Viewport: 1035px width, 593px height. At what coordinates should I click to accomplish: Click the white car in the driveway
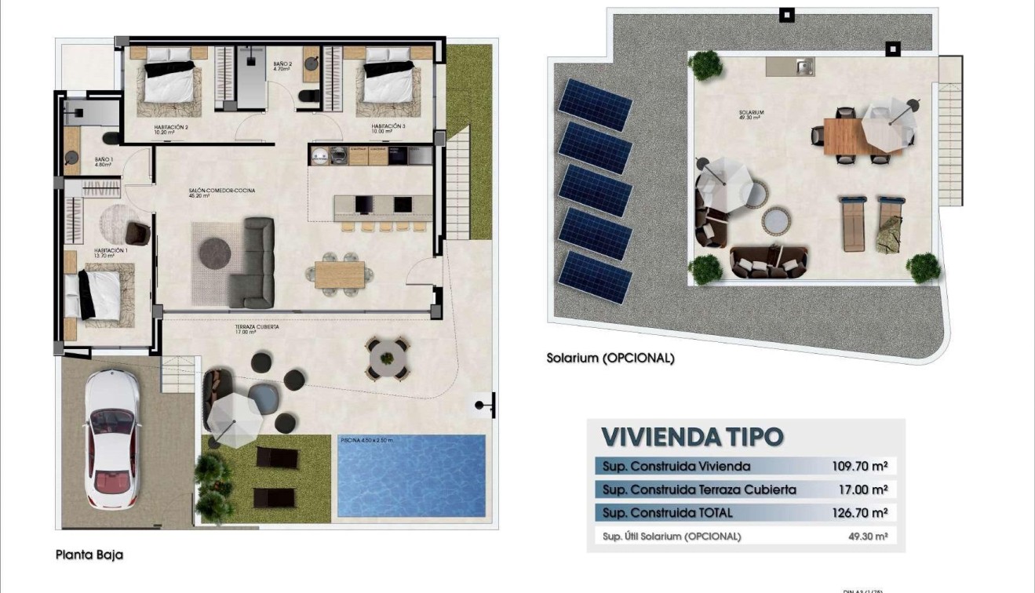[x=112, y=438]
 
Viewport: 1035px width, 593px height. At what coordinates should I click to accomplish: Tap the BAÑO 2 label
[x=282, y=66]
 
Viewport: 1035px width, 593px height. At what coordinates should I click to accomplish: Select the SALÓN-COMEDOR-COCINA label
[x=221, y=192]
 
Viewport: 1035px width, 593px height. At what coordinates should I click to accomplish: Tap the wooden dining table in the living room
[x=340, y=275]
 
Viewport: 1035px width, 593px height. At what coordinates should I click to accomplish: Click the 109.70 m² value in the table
[x=859, y=466]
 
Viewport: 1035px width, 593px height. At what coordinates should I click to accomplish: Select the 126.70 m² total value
[x=859, y=513]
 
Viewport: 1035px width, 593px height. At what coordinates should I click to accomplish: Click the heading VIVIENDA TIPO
[x=691, y=436]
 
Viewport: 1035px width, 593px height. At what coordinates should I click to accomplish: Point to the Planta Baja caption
[x=89, y=555]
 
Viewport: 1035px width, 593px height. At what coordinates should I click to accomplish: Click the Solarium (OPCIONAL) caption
[x=610, y=358]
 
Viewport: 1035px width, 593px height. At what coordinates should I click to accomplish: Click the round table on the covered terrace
[x=388, y=358]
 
